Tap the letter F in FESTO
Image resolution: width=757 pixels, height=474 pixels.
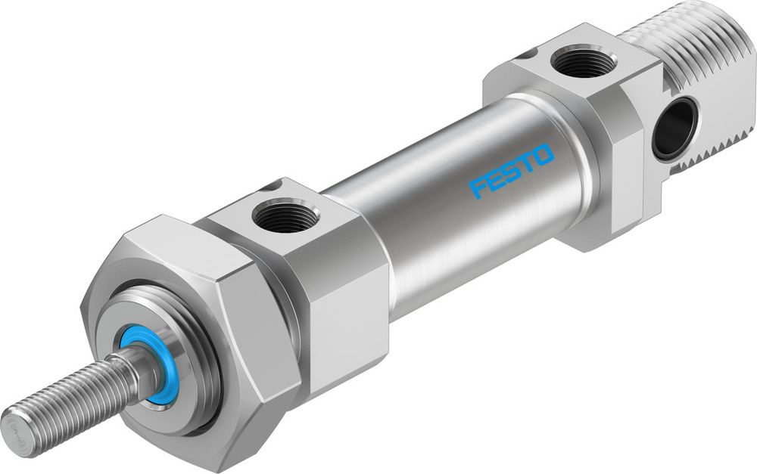coord(476,187)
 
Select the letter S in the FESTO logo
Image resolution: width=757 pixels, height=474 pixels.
coord(511,172)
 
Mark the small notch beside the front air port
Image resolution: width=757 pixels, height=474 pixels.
coord(270,186)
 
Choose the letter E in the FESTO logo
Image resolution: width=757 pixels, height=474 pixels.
coord(493,180)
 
